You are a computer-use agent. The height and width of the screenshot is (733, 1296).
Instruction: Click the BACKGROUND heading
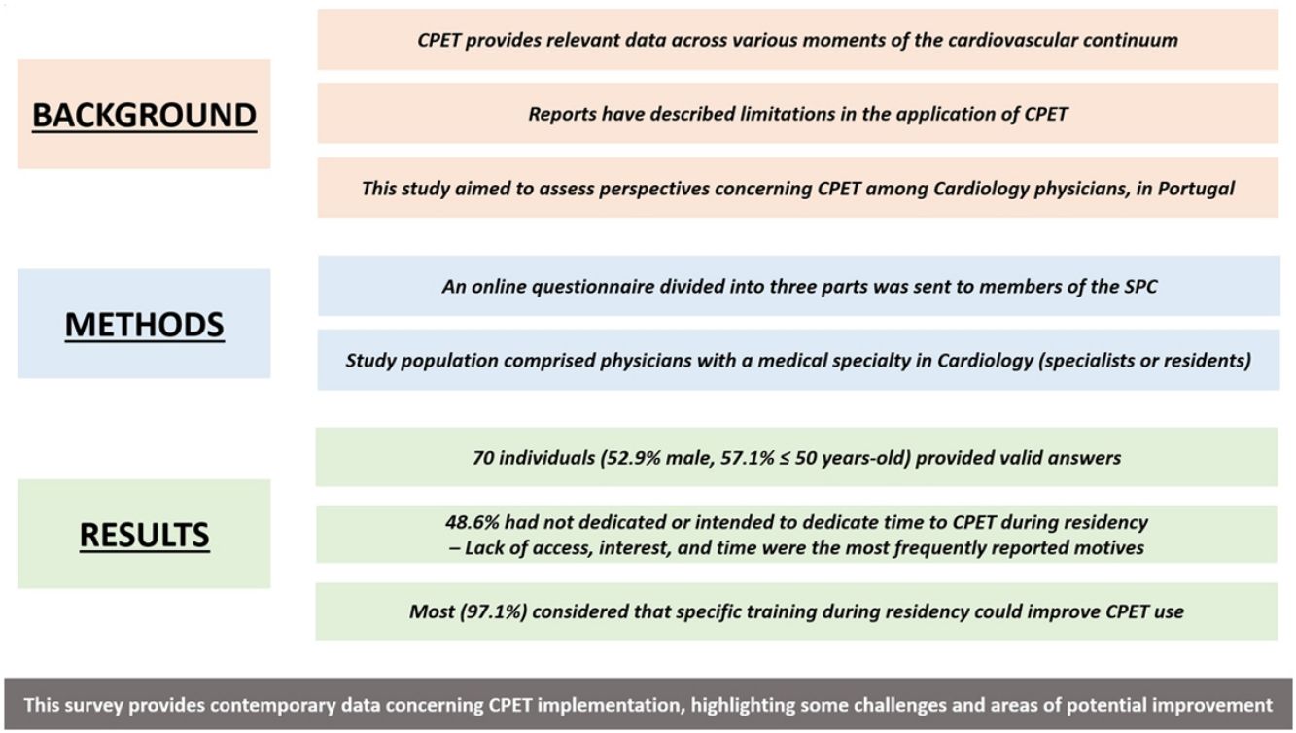click(144, 115)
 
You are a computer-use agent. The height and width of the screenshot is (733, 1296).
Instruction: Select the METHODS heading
click(144, 324)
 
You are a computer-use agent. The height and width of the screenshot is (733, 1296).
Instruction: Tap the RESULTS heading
click(144, 534)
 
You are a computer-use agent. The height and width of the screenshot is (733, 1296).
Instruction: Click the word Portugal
click(1195, 189)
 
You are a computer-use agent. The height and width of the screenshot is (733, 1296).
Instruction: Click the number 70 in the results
click(482, 458)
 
